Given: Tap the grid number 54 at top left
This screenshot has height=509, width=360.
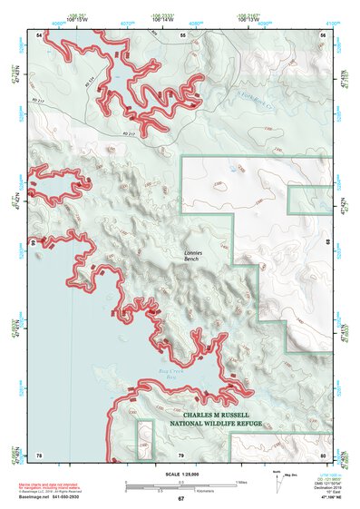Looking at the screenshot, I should tap(39, 34).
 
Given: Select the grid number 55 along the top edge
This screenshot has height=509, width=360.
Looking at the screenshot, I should tap(182, 34).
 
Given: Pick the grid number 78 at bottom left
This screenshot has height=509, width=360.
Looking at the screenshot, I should tap(39, 454).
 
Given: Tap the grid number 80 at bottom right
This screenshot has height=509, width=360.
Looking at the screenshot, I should tap(323, 454).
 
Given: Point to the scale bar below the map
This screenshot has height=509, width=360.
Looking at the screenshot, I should tap(180, 483).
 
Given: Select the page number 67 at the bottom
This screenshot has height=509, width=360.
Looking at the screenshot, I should tap(180, 499).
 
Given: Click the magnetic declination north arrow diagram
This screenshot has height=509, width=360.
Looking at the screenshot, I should tap(282, 485).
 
